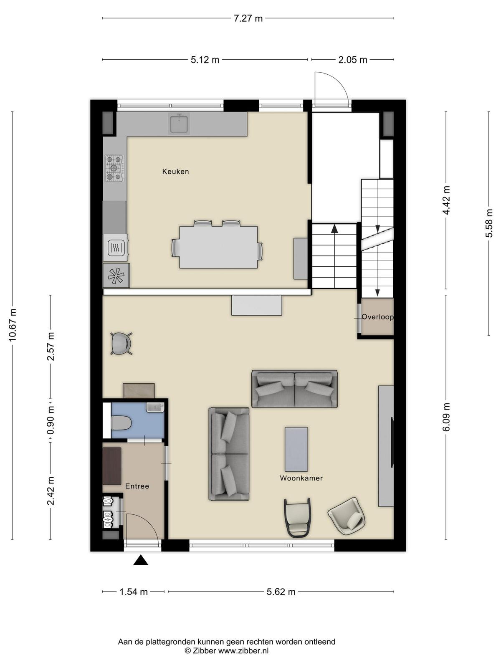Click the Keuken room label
(x=175, y=172)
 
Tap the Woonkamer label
(x=301, y=478)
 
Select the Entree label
(x=137, y=486)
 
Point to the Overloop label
(x=377, y=317)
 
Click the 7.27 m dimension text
(x=248, y=18)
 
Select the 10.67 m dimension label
(x=13, y=325)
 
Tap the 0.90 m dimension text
(x=51, y=420)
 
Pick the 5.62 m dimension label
(x=281, y=592)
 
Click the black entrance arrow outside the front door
(x=141, y=560)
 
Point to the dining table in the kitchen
(x=218, y=247)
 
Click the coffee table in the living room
(x=296, y=449)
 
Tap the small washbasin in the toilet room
(x=155, y=407)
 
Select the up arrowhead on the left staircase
(x=334, y=229)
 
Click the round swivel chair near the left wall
(x=121, y=344)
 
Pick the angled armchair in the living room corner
(x=347, y=516)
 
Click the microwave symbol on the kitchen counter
(x=115, y=248)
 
